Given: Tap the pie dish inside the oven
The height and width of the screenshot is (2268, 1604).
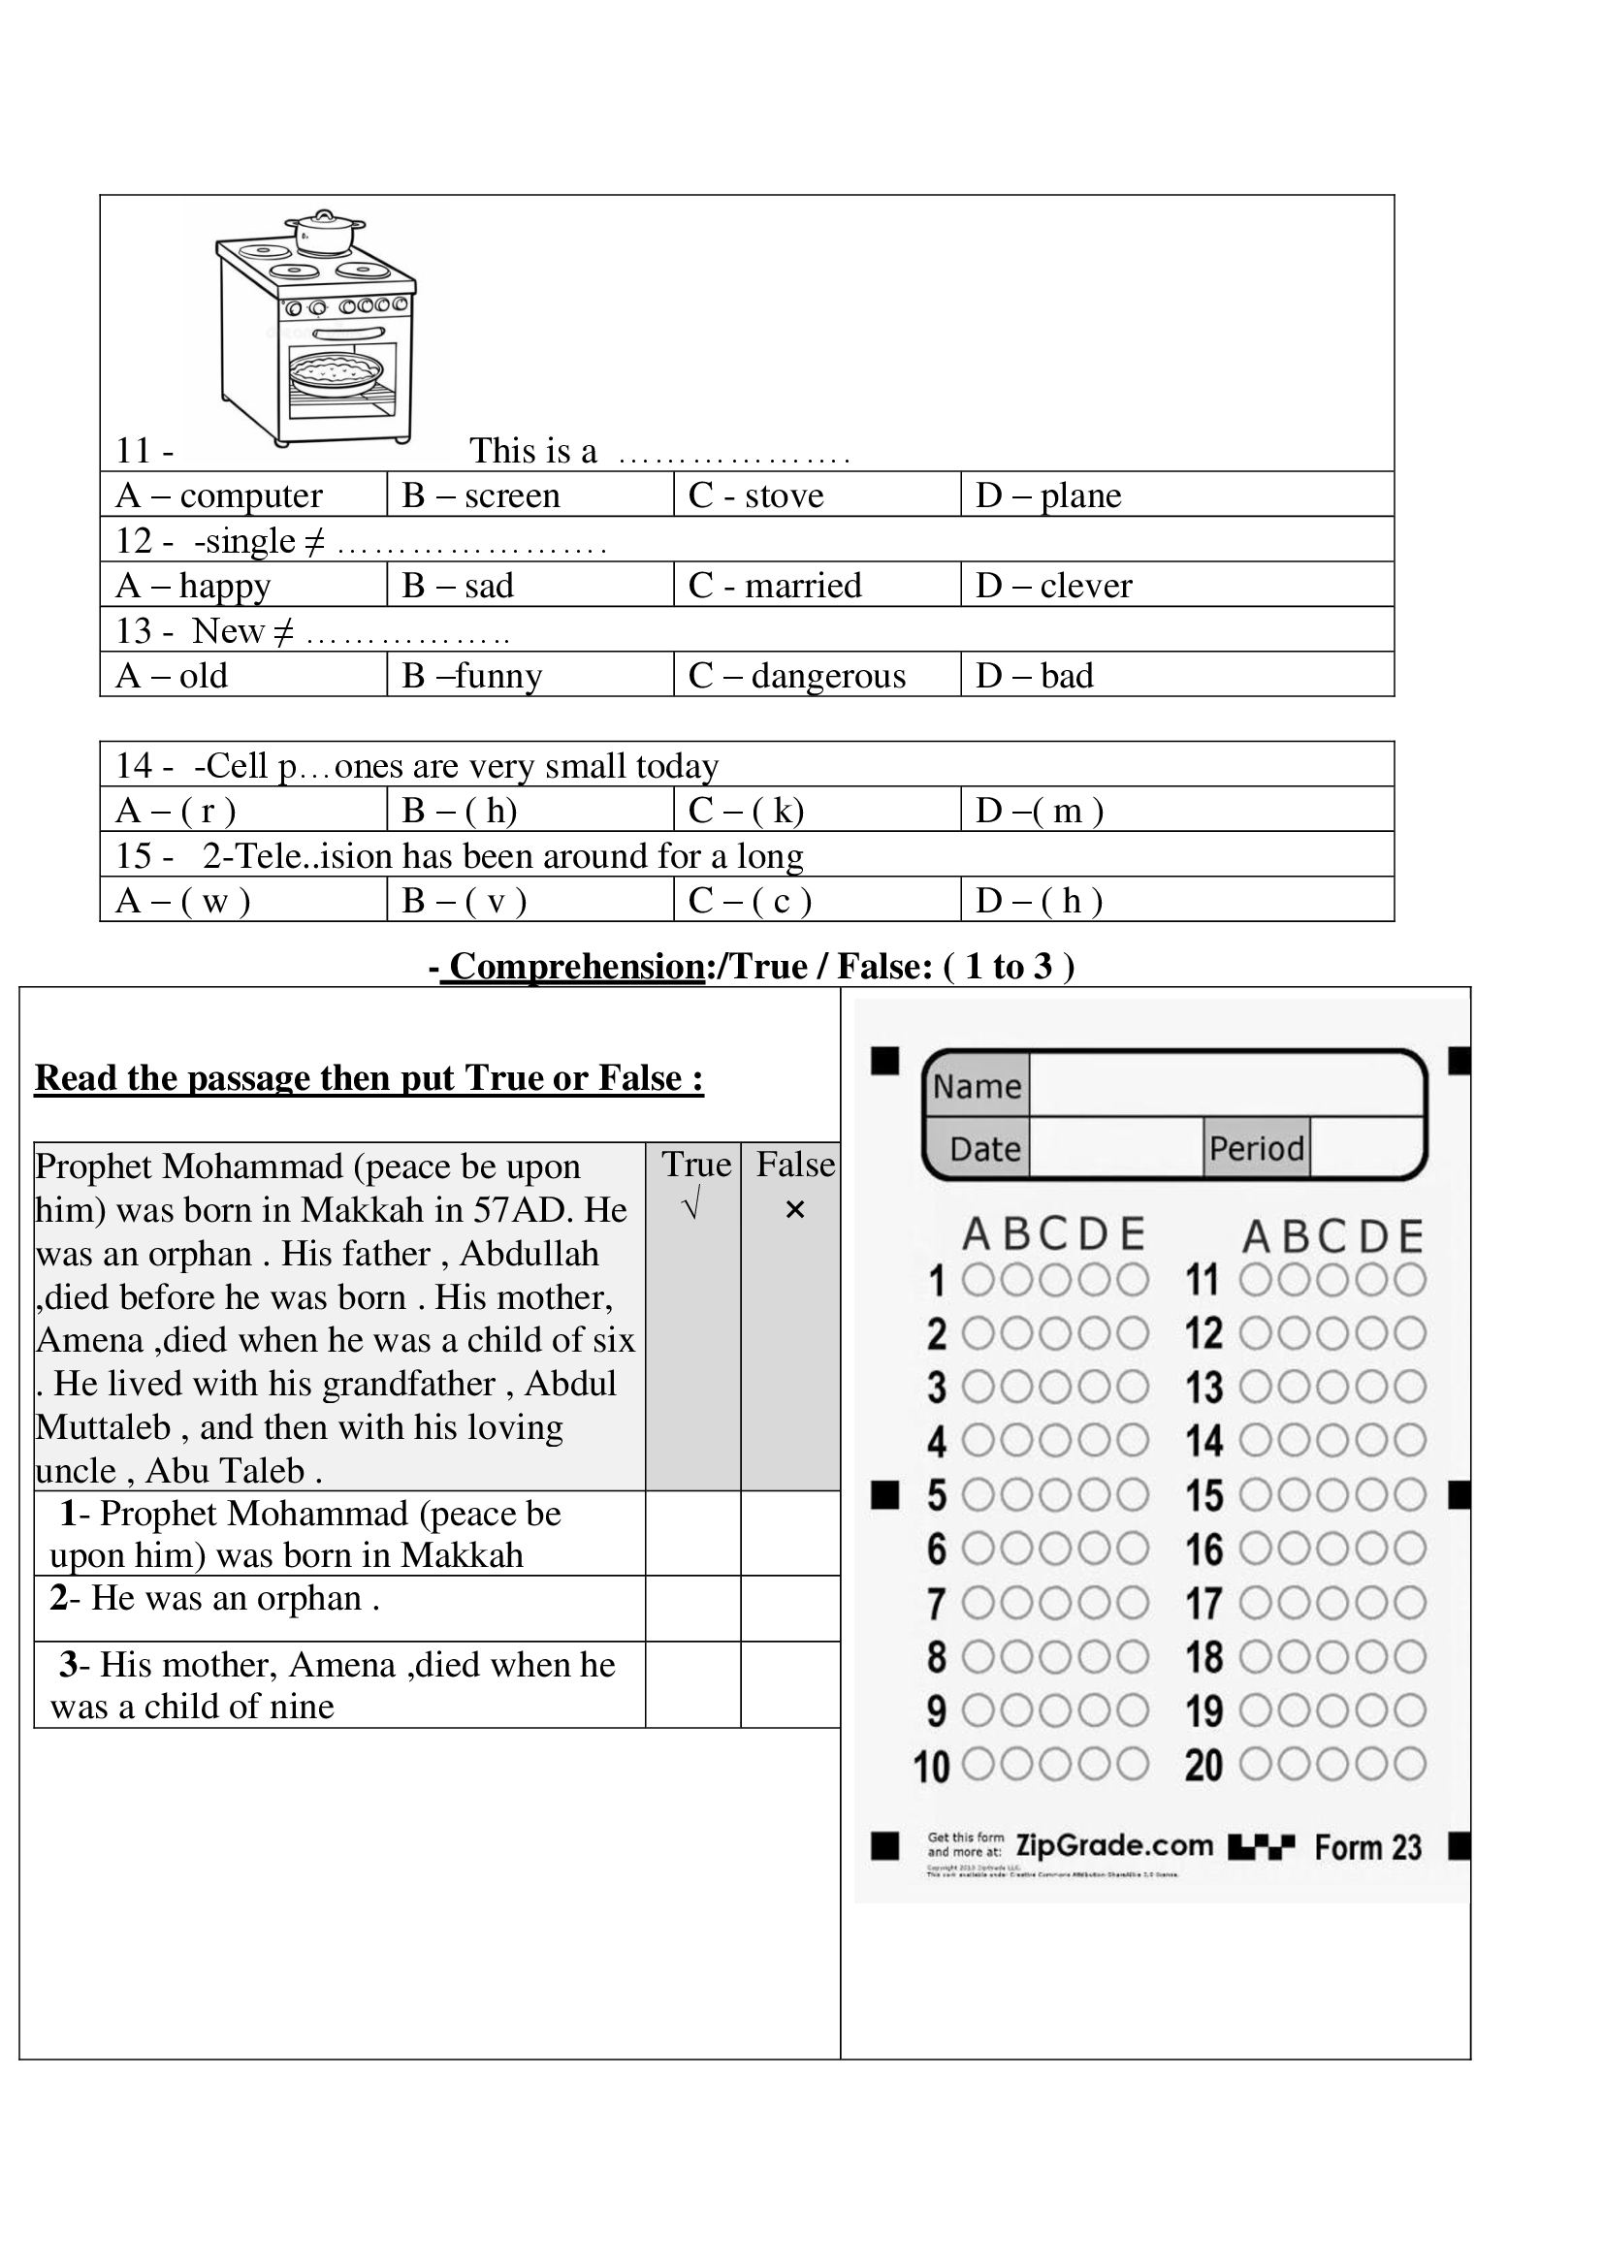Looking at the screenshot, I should (335, 372).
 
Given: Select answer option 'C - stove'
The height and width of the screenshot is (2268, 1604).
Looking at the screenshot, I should (756, 495).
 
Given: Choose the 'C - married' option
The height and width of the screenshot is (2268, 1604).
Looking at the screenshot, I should (776, 585).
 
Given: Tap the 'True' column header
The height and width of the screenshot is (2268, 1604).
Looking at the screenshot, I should (696, 1165).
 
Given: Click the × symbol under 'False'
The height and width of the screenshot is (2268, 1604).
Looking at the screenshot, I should (795, 1209).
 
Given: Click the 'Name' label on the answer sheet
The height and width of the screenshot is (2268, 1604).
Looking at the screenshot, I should (977, 1087).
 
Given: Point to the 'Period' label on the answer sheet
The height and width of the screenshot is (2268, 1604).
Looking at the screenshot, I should (1256, 1148).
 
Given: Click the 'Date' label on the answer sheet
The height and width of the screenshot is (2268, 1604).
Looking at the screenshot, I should (984, 1149).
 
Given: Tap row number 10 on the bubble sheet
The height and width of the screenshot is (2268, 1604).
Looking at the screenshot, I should (931, 1766).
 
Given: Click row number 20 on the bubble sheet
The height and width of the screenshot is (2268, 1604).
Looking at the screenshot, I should (1204, 1765).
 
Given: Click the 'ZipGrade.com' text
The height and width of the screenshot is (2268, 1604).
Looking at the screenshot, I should (1114, 1845).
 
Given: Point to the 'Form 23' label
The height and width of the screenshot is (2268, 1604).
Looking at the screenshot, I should (1368, 1847).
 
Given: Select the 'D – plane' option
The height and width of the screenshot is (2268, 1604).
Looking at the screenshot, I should (1049, 495).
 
